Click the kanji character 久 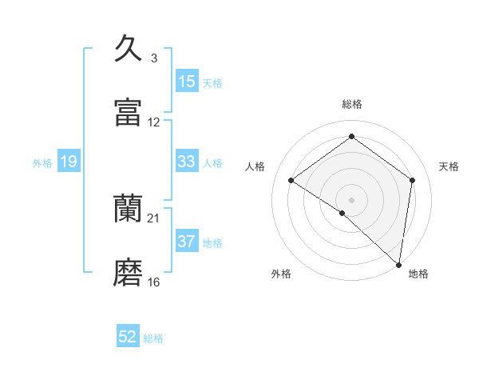[x=129, y=49]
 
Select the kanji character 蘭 [x=129, y=209]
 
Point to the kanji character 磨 [x=129, y=273]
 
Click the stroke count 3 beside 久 [x=154, y=58]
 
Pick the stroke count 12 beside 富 [x=154, y=122]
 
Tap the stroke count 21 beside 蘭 [x=154, y=218]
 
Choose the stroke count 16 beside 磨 [x=154, y=282]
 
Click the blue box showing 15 [x=187, y=82]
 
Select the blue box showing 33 [x=187, y=162]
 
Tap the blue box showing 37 [x=187, y=242]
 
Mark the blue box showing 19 [x=69, y=162]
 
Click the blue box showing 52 [x=128, y=337]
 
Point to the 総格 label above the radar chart [x=351, y=104]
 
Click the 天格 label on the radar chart [x=449, y=166]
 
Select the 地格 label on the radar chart [x=418, y=274]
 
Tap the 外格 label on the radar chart [x=281, y=274]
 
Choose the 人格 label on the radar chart [x=255, y=166]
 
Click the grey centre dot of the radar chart [x=351, y=199]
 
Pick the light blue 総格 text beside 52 [x=153, y=338]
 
